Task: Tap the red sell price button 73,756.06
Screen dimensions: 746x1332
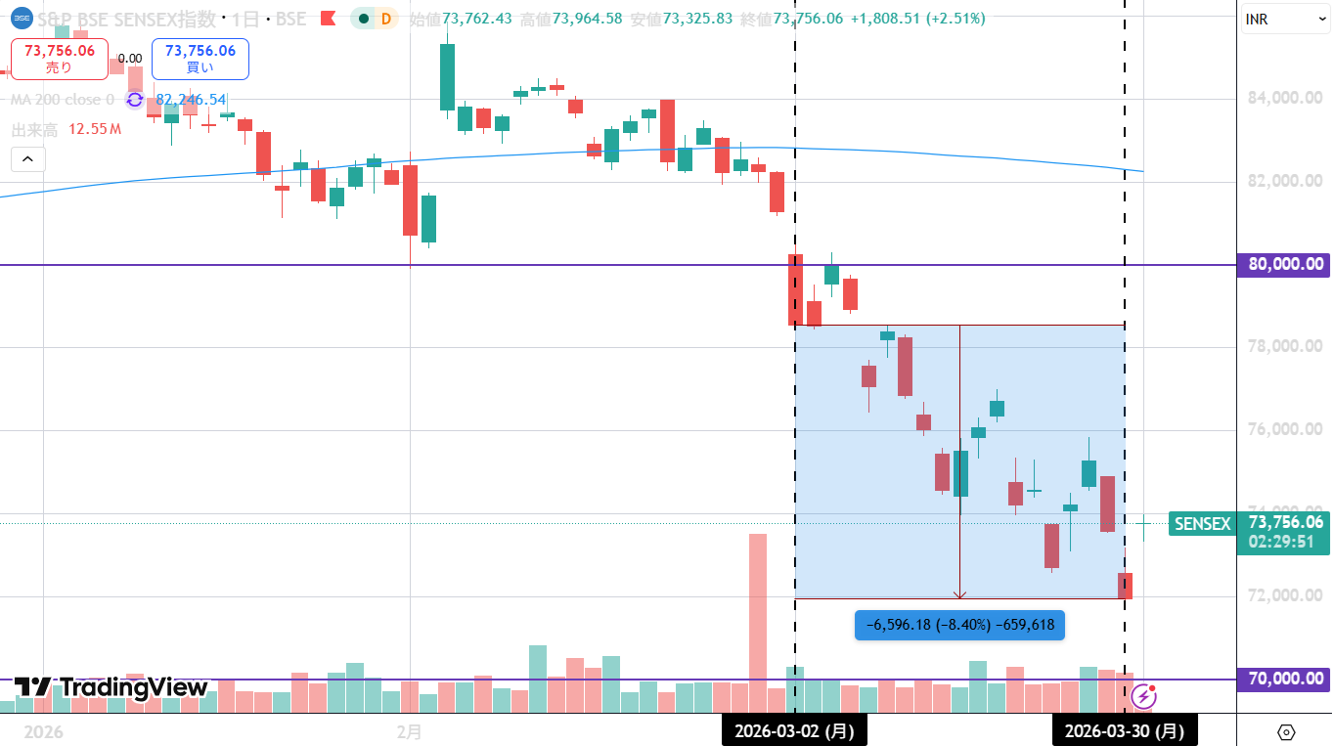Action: pos(60,59)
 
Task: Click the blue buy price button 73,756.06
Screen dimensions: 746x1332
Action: pos(200,59)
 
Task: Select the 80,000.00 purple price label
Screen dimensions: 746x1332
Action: pos(1285,264)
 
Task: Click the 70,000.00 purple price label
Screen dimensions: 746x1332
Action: pos(1285,679)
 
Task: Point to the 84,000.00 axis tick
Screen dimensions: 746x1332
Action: pos(1285,98)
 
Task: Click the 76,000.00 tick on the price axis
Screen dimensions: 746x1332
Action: pos(1285,429)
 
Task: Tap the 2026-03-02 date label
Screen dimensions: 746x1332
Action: pos(794,730)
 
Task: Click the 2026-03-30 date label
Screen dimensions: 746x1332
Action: pos(1124,730)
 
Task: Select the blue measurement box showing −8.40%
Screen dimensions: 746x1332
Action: pos(959,625)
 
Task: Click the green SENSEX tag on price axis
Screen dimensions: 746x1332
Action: pos(1202,524)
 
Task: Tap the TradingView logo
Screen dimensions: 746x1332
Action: pos(111,687)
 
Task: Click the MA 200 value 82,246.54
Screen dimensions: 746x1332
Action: pos(191,100)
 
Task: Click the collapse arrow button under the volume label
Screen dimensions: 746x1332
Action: pos(27,158)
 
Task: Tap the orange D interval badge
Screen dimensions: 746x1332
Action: pos(386,19)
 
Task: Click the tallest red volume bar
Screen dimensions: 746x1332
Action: pos(757,606)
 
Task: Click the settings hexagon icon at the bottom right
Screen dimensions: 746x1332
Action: pos(1286,732)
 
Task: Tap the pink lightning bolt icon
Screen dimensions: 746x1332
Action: pos(1143,696)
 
